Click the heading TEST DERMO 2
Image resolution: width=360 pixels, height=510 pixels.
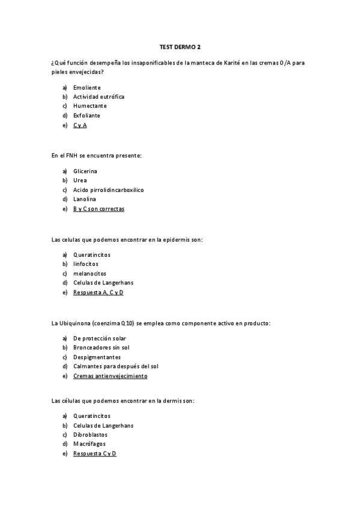(x=180, y=46)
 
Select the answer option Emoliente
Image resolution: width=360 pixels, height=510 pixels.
(x=87, y=87)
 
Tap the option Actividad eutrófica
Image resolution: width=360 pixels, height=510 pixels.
(x=99, y=96)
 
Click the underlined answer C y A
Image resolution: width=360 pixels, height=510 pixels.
(x=80, y=124)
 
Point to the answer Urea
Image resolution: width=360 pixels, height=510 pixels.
(x=80, y=180)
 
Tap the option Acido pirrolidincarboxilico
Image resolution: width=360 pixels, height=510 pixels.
(x=108, y=189)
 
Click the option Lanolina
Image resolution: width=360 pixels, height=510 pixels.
(x=84, y=198)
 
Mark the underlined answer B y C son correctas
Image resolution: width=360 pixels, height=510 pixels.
(x=99, y=208)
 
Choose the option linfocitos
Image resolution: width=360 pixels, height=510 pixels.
(x=85, y=263)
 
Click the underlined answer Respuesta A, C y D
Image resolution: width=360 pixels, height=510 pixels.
(x=98, y=292)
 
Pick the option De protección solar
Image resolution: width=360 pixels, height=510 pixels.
(x=99, y=338)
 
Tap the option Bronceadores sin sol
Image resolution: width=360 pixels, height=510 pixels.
(x=101, y=347)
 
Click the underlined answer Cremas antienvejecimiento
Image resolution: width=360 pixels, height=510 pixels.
(x=110, y=375)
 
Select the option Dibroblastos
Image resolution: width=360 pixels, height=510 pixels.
(x=91, y=434)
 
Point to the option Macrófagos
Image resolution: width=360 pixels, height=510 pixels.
(x=90, y=444)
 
